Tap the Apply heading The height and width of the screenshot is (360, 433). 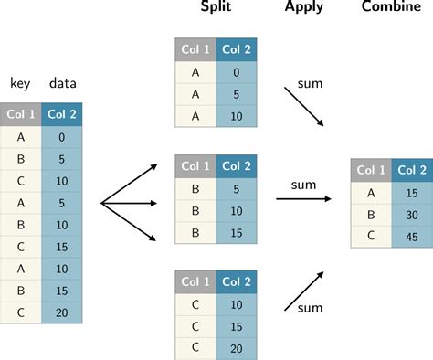pos(304,9)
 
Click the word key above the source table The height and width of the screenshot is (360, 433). pos(21,84)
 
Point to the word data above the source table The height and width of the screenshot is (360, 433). pos(62,83)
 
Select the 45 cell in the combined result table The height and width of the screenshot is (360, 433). pos(410,237)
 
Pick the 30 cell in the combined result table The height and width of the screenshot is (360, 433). pos(410,215)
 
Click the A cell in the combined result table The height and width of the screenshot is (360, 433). pos(370,193)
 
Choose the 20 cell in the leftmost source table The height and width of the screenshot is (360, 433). pos(62,312)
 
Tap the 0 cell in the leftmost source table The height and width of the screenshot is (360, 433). pos(62,136)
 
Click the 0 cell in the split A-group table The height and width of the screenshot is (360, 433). pos(235,73)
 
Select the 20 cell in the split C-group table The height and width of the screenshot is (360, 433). pos(235,347)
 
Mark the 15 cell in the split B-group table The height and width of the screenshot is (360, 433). pos(235,232)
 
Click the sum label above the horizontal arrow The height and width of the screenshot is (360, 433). pos(303,185)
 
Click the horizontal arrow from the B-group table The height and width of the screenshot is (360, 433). pos(305,199)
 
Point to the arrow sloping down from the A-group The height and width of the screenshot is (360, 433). pos(303,105)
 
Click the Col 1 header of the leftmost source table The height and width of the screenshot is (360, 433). pos(21,114)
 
